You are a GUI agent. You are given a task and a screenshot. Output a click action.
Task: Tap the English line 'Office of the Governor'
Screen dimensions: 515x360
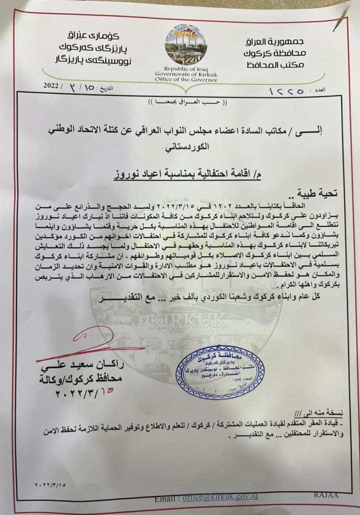pyautogui.click(x=186, y=79)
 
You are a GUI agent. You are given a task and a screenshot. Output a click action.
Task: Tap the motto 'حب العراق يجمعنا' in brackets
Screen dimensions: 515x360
pyautogui.click(x=180, y=103)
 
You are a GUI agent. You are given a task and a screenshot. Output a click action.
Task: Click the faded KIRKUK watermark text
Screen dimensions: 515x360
pyautogui.click(x=178, y=321)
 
